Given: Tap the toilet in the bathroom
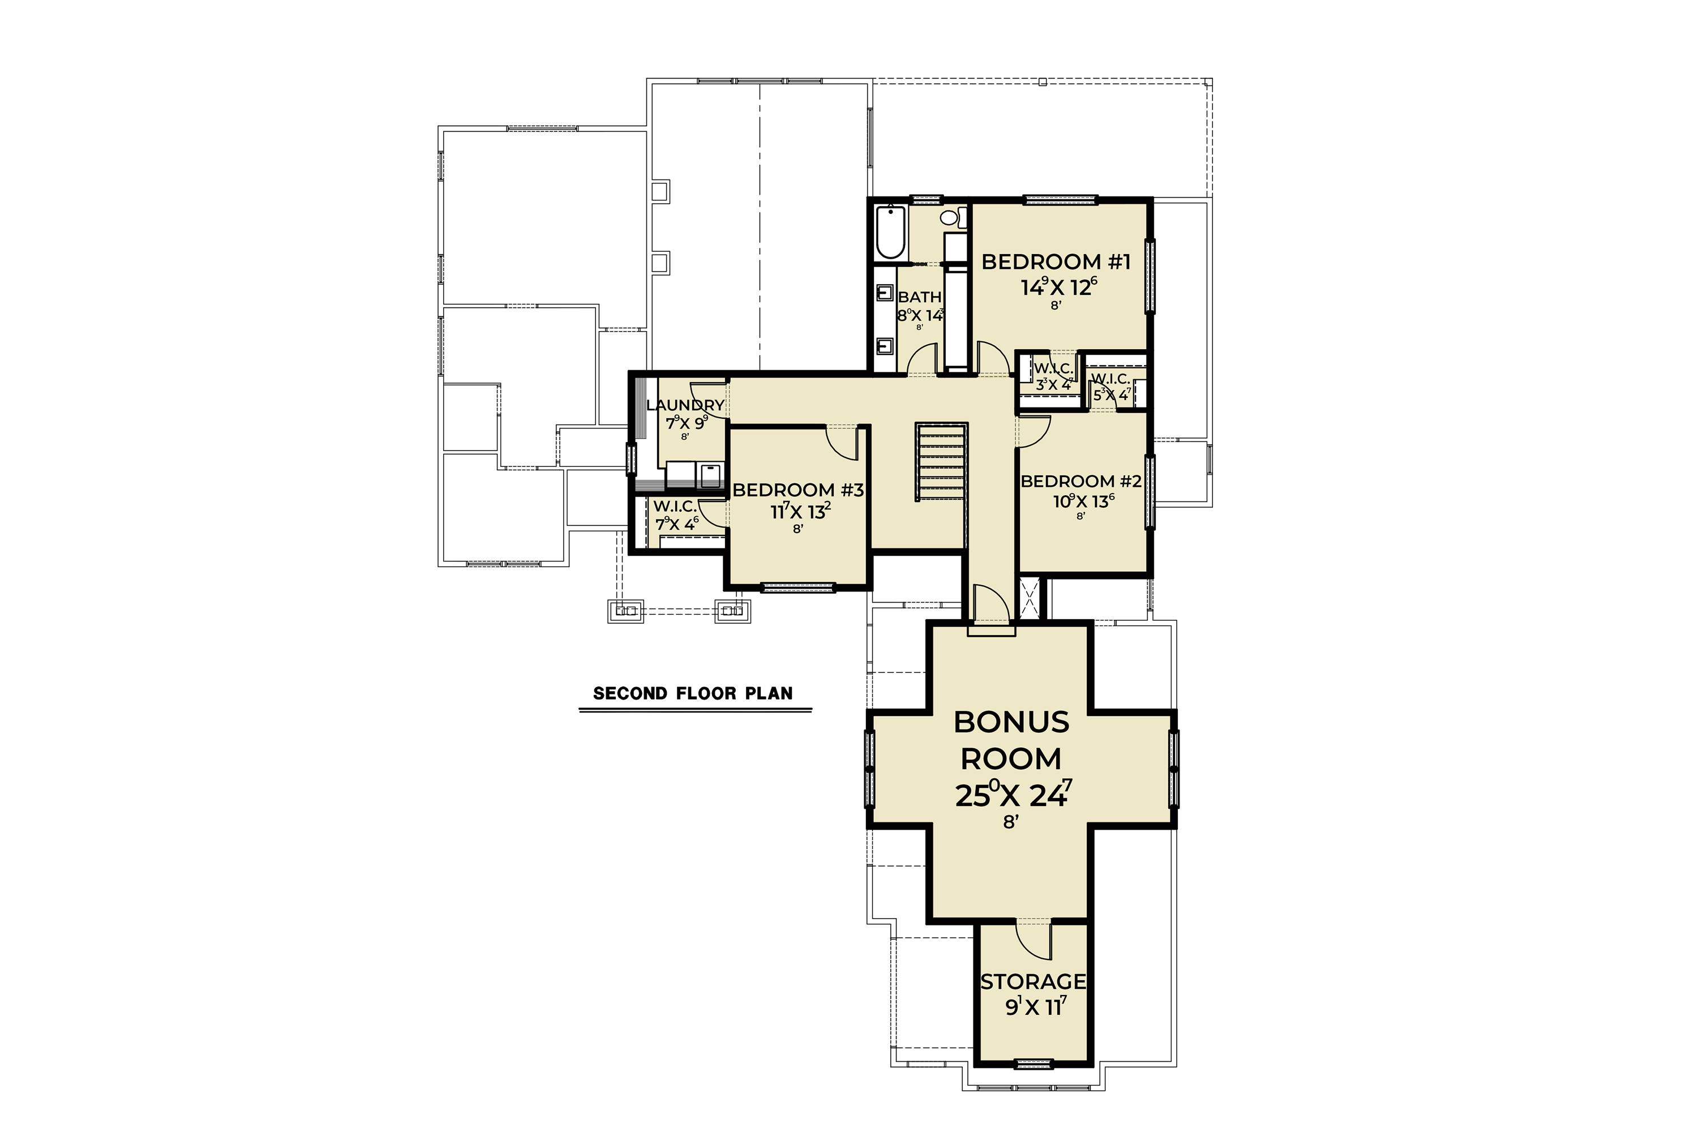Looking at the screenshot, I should (x=950, y=217).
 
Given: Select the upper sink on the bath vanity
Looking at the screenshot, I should (x=884, y=293).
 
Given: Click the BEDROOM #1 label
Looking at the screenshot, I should (x=1056, y=262).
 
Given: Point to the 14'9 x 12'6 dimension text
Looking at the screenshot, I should (x=1058, y=288).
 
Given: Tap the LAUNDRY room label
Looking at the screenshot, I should (x=684, y=405).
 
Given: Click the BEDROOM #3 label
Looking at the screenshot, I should (x=797, y=490).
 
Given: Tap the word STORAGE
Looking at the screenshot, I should (x=1033, y=982).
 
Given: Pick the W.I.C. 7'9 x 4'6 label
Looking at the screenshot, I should (x=676, y=514).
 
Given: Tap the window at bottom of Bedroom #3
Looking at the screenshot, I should (x=797, y=588).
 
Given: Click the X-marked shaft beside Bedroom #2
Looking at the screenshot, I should (x=1029, y=597).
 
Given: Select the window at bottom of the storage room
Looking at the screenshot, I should (x=1033, y=1063).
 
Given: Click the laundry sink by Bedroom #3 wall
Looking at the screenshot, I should (x=710, y=477).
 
